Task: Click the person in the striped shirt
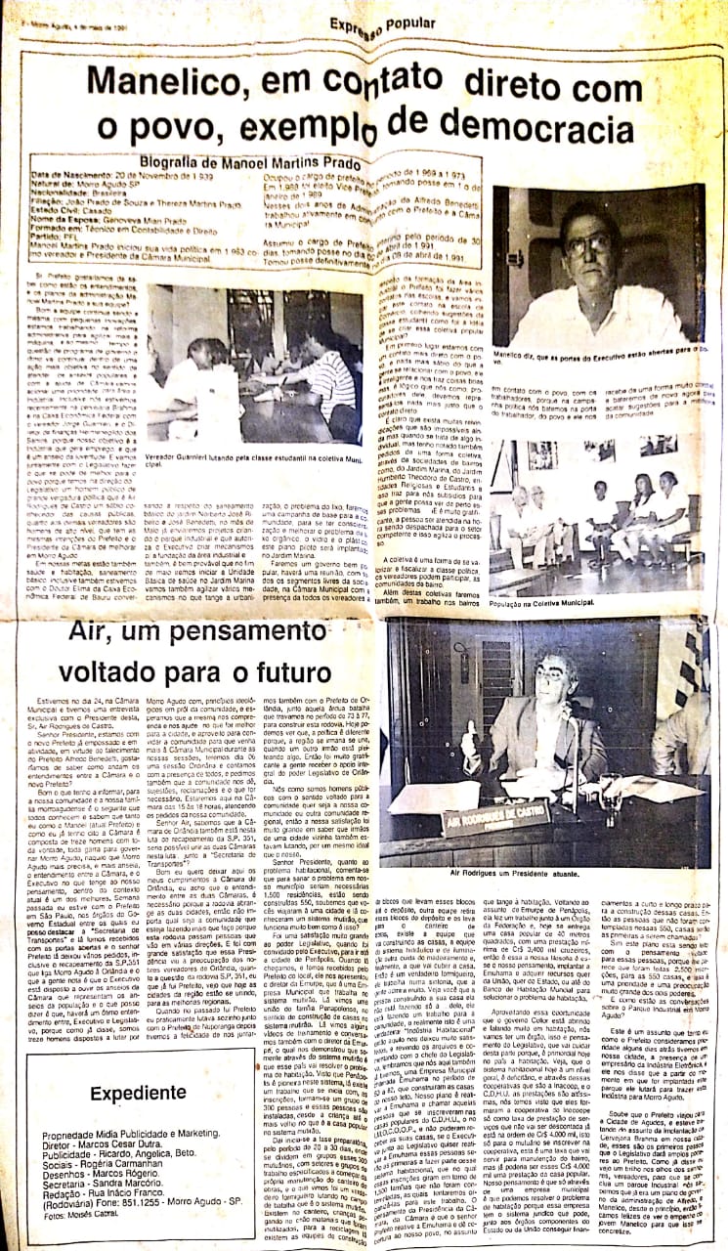[327, 376]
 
